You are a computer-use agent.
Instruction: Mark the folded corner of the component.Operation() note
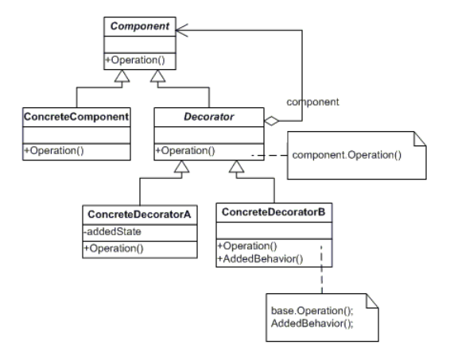pos(402,140)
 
